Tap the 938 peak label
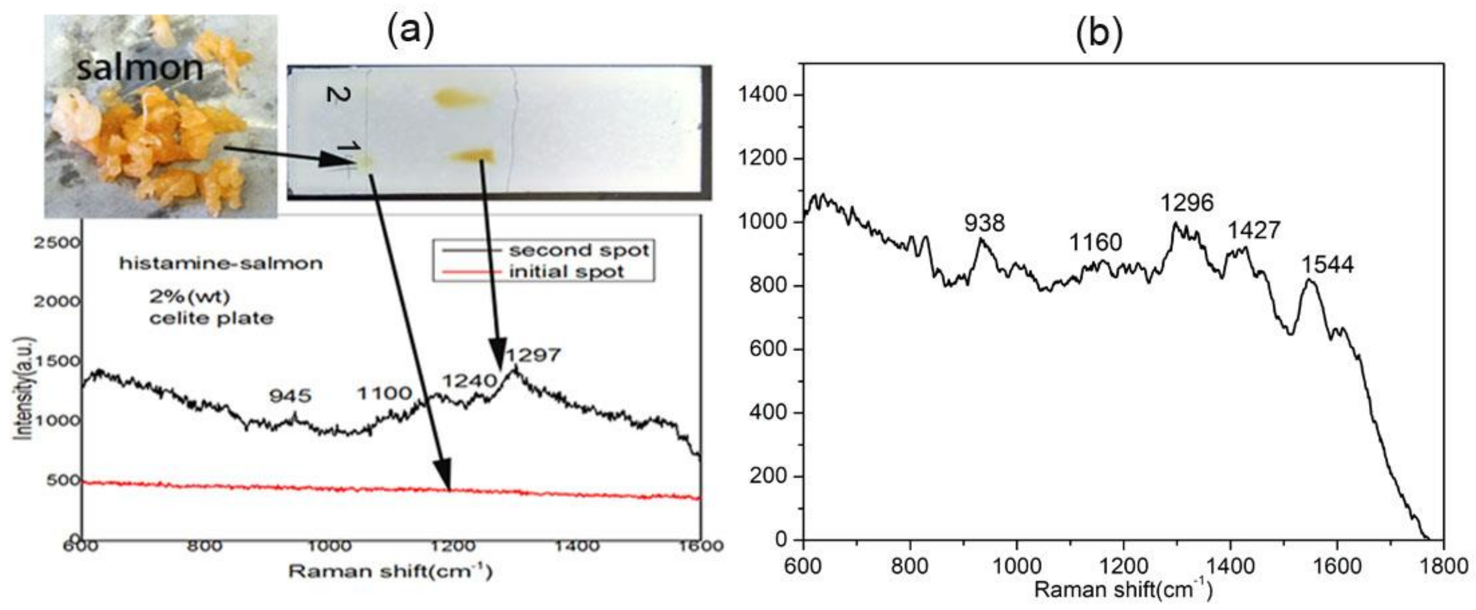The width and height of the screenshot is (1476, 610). point(984,222)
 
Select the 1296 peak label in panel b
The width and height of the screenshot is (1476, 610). point(1187,202)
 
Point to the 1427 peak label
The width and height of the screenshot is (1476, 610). point(1254,230)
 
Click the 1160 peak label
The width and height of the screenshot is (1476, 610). point(1096,243)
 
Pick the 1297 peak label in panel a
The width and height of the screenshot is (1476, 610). point(533,355)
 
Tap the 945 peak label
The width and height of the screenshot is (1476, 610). point(291,395)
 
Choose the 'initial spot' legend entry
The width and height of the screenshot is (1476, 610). point(566,272)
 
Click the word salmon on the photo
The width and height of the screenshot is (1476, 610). point(140,68)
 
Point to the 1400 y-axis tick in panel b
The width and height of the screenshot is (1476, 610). point(762,95)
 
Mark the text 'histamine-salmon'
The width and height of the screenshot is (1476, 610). point(221,264)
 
